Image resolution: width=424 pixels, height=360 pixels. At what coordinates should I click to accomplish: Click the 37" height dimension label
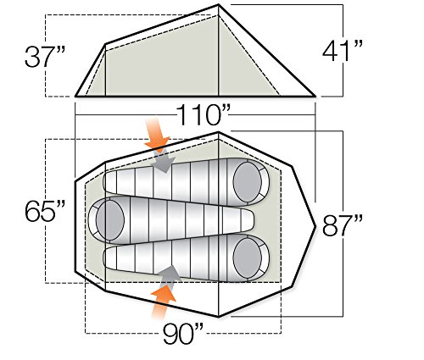tap(45, 57)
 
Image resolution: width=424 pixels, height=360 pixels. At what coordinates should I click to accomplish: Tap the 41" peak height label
tap(343, 51)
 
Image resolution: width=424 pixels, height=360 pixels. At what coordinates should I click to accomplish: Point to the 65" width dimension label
tap(45, 211)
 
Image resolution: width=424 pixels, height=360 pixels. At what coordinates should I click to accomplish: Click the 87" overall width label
tap(343, 225)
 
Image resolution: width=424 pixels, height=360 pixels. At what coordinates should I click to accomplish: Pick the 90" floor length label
tap(183, 334)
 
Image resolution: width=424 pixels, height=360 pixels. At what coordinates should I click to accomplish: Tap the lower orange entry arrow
tap(162, 302)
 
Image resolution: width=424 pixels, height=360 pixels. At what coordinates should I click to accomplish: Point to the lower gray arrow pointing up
tap(169, 276)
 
